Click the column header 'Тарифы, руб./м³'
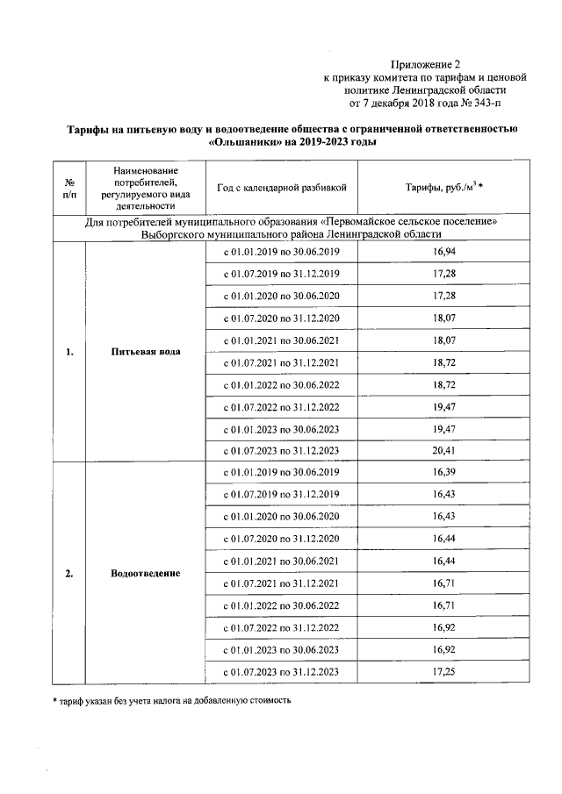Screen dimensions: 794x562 (x=444, y=188)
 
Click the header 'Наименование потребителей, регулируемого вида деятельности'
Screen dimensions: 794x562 (x=146, y=188)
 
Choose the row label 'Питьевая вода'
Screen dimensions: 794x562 (x=146, y=352)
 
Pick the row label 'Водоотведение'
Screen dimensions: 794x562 (x=146, y=573)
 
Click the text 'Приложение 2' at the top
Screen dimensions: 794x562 (x=425, y=65)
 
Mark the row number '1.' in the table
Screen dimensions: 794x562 (x=69, y=352)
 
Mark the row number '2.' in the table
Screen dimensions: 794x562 (x=69, y=573)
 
